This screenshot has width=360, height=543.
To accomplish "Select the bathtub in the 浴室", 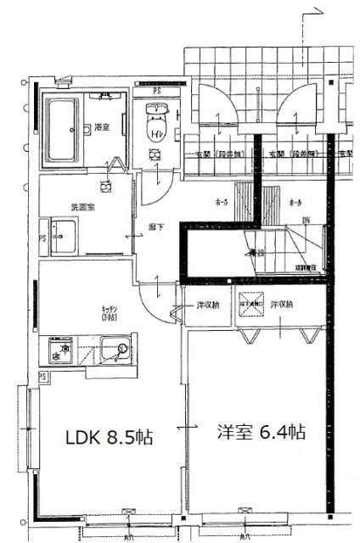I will [63, 127].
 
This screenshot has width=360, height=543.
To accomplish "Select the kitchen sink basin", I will [113, 348].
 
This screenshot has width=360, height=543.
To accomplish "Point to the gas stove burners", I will [62, 348].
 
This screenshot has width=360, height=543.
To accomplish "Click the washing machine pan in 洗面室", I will [62, 234].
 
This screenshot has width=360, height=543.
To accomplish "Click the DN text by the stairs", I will [306, 223].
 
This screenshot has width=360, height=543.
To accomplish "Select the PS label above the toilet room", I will [156, 90].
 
